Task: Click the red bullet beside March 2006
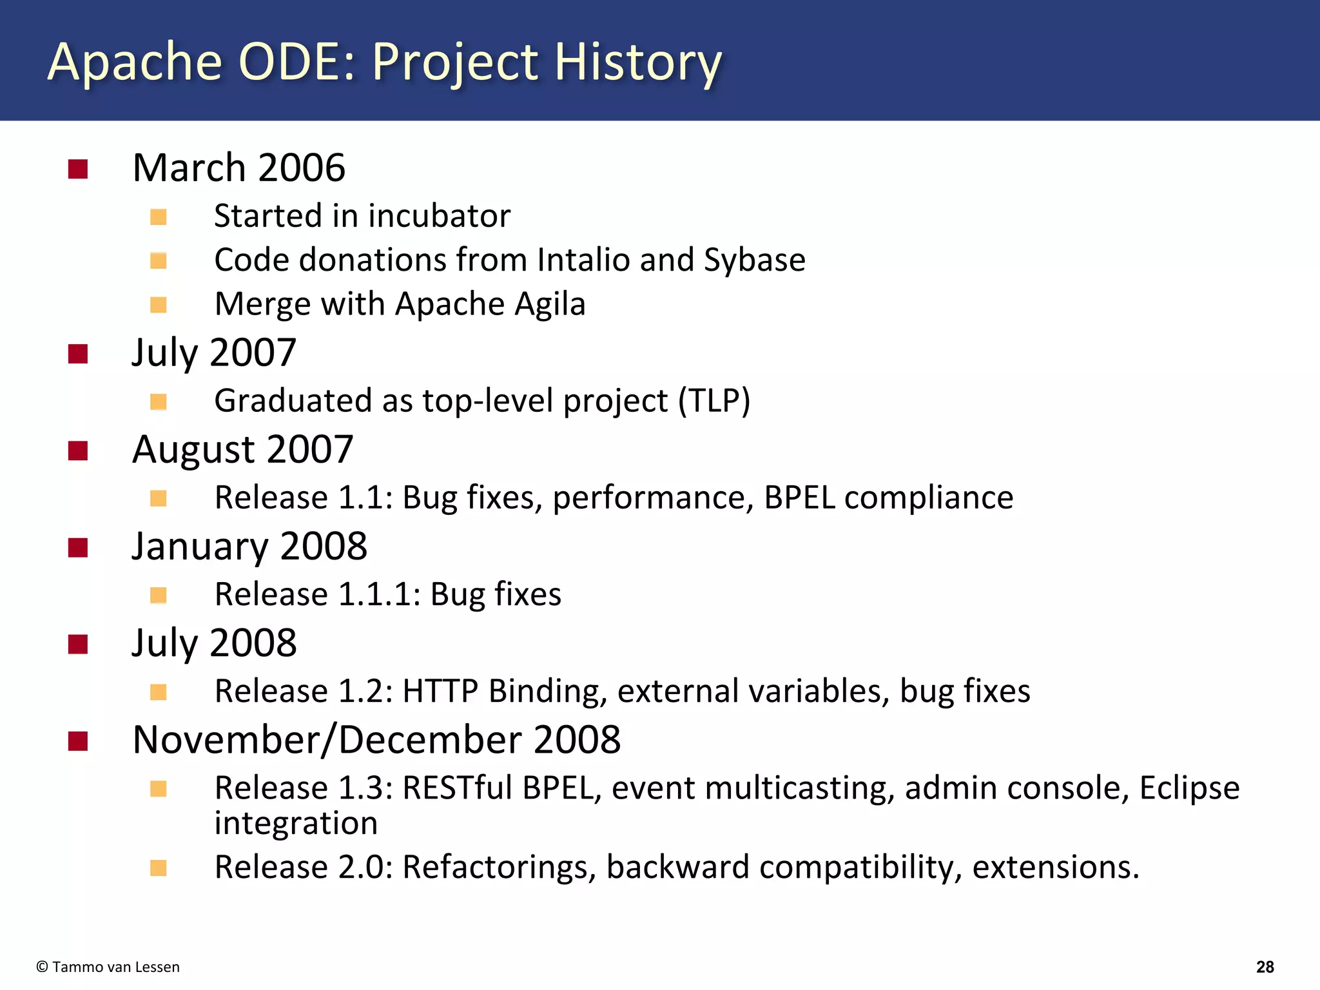point(78,170)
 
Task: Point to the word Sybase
point(754,260)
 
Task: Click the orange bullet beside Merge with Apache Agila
point(159,304)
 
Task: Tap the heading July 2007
point(213,353)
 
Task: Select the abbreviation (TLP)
point(714,401)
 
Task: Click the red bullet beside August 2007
point(78,451)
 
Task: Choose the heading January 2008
point(249,547)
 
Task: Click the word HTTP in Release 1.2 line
point(440,691)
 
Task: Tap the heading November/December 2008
point(376,740)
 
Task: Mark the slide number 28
point(1265,967)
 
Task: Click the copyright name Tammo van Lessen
point(115,967)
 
